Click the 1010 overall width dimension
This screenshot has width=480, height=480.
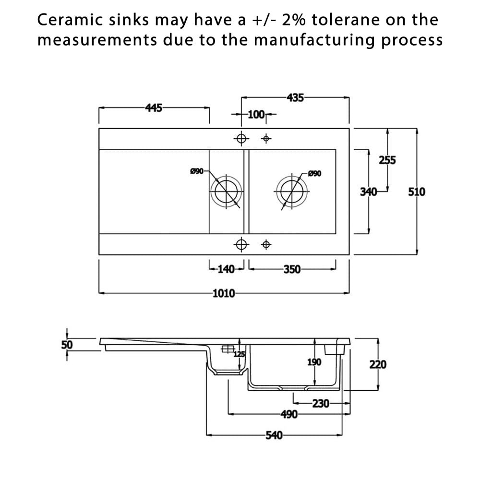(x=224, y=293)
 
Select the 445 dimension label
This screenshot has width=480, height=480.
(x=154, y=108)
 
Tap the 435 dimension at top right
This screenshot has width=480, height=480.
(x=295, y=97)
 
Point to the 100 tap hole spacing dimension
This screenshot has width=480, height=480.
(x=256, y=115)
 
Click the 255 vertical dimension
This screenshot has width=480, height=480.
(x=387, y=160)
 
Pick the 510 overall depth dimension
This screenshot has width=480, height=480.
(x=417, y=192)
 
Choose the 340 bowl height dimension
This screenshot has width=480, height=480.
(x=368, y=192)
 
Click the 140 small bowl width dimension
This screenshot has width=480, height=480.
(x=226, y=269)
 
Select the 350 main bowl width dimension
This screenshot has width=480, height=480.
(x=292, y=269)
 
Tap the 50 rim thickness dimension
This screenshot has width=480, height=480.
(x=67, y=345)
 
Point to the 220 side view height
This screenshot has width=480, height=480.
(x=378, y=365)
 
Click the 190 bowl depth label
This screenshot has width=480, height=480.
(x=314, y=362)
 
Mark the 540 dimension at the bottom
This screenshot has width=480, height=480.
(x=274, y=435)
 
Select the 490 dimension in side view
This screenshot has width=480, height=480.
(x=289, y=415)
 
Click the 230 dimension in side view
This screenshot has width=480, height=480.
(x=321, y=404)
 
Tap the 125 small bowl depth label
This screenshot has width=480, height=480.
(x=240, y=354)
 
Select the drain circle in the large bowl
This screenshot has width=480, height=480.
(x=292, y=176)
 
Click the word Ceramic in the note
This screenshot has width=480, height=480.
(x=70, y=20)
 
